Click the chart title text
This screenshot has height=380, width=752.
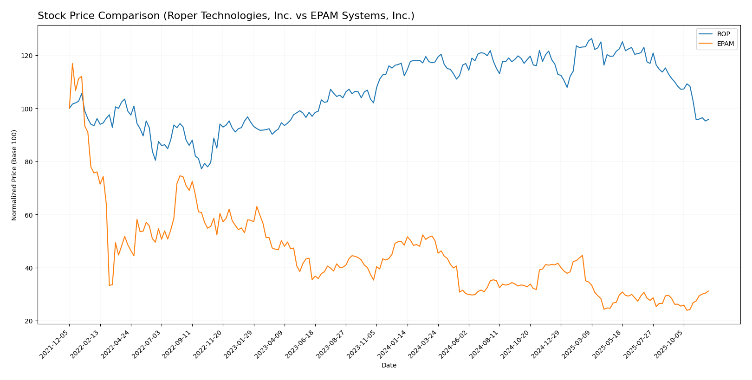[226, 16]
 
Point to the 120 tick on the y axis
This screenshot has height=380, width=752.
[29, 56]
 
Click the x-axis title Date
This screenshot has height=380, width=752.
[389, 366]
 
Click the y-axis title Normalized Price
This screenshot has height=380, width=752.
[14, 175]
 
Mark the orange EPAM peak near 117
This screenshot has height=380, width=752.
[72, 64]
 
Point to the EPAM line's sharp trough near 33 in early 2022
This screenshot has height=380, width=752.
[109, 285]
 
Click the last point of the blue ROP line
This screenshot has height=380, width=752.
[708, 119]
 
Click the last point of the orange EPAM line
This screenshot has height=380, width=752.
[708, 291]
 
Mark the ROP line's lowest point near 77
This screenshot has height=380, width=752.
[201, 168]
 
